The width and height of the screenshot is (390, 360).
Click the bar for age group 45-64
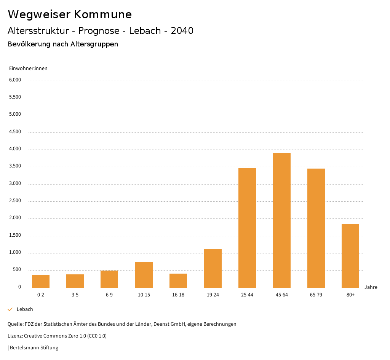pos(281,220)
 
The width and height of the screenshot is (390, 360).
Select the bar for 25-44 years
pos(247,228)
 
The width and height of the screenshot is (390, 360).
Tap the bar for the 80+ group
pos(350,256)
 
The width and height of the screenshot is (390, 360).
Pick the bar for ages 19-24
pos(213,268)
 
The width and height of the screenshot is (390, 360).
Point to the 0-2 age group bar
pos(41,281)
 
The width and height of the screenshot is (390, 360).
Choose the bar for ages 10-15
pos(144,275)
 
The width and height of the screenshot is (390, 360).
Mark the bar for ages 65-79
pos(316,228)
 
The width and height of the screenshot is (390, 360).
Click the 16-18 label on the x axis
pos(178,295)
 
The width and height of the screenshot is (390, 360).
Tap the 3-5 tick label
pos(75,295)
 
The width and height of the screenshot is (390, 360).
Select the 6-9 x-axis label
pos(109,295)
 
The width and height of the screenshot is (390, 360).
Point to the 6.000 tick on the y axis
pos(15,80)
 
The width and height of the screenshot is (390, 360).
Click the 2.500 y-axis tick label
pos(15,201)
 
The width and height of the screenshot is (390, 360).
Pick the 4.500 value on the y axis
pos(15,132)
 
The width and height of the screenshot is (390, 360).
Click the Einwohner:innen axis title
pos(28,68)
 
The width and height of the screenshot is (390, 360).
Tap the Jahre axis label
pos(371,287)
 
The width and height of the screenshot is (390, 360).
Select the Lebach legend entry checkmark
pos(10,309)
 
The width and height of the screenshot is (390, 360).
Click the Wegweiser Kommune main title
pos(70,14)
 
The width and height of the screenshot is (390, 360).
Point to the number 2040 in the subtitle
pos(182,31)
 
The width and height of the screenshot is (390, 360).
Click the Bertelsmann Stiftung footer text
pos(34,347)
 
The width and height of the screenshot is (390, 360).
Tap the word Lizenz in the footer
pos(15,336)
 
